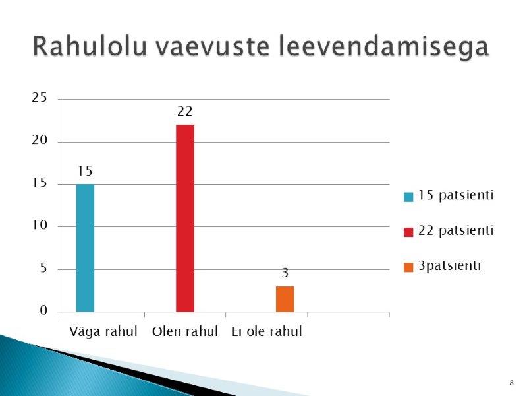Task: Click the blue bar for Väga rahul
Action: click(86, 248)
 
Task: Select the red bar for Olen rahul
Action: click(185, 218)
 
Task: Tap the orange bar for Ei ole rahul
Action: click(285, 299)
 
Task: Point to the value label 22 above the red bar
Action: click(185, 111)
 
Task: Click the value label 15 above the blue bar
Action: click(85, 171)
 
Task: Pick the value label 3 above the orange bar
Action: click(285, 273)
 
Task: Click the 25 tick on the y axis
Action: click(40, 98)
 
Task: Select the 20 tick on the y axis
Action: click(40, 140)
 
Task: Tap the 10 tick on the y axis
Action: click(40, 225)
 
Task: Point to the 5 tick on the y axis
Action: click(43, 268)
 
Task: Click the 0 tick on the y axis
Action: click(43, 310)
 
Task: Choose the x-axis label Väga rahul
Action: click(103, 332)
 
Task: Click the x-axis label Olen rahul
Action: click(185, 331)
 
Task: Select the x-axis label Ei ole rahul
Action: click(267, 331)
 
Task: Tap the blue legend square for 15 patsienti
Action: click(408, 197)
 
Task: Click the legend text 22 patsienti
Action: click(456, 230)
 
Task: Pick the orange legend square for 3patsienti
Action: click(408, 267)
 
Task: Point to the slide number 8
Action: click(512, 383)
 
